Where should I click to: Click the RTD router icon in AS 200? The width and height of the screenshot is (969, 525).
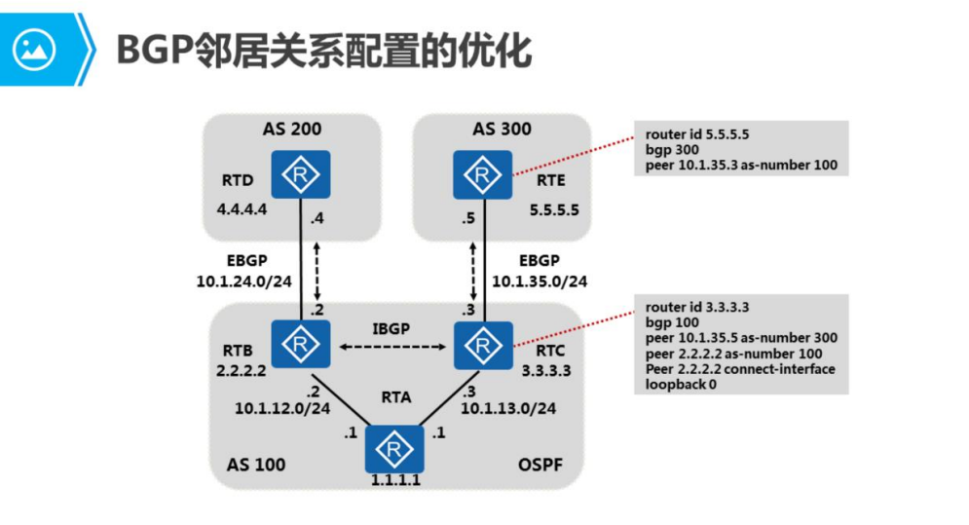[300, 175]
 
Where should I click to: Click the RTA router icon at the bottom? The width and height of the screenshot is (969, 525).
[393, 449]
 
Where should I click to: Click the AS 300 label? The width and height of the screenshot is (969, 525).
[502, 129]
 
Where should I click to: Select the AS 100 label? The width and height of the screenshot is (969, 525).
[256, 464]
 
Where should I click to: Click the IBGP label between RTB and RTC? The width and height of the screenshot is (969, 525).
[392, 327]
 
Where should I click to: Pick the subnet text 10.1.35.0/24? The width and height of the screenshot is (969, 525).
[540, 281]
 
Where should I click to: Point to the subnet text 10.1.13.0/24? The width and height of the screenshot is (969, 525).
[507, 408]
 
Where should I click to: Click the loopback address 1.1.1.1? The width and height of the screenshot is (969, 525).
[394, 480]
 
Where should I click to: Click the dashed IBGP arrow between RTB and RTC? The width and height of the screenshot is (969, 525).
[392, 346]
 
